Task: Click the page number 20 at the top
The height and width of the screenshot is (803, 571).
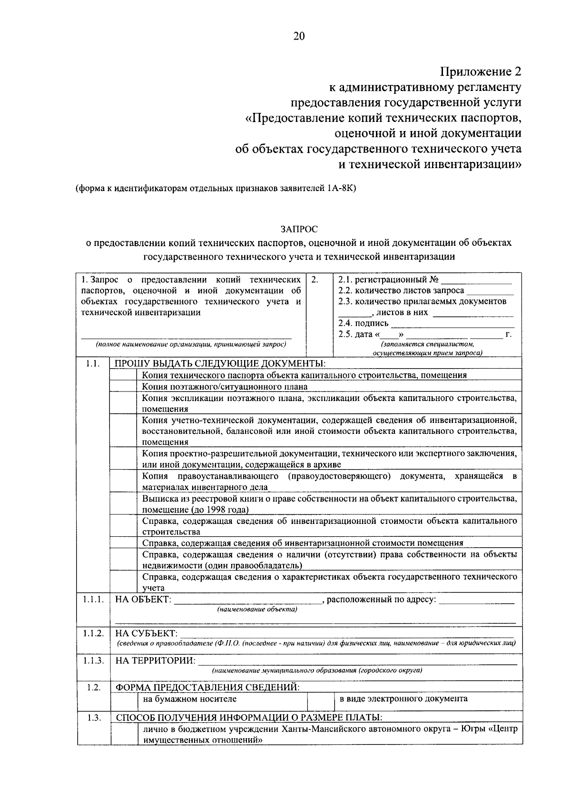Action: pyautogui.click(x=298, y=37)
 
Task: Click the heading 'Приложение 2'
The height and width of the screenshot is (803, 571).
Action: pyautogui.click(x=481, y=71)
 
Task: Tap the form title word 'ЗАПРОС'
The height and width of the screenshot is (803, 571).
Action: pyautogui.click(x=298, y=229)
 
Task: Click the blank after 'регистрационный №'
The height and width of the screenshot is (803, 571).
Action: pyautogui.click(x=476, y=280)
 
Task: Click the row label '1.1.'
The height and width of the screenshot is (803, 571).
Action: pyautogui.click(x=93, y=364)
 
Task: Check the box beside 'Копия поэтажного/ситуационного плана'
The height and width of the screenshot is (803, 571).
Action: pyautogui.click(x=124, y=387)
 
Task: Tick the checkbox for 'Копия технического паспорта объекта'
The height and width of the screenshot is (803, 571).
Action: pyautogui.click(x=124, y=375)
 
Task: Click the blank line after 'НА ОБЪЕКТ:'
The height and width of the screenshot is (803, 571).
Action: pyautogui.click(x=247, y=601)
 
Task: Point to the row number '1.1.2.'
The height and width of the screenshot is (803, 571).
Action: pyautogui.click(x=93, y=633)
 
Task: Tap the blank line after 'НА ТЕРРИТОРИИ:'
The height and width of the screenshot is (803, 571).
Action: pyautogui.click(x=357, y=662)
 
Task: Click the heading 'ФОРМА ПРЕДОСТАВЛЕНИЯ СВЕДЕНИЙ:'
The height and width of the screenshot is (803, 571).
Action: pyautogui.click(x=208, y=687)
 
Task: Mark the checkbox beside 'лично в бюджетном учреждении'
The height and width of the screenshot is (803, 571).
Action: pyautogui.click(x=124, y=734)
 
